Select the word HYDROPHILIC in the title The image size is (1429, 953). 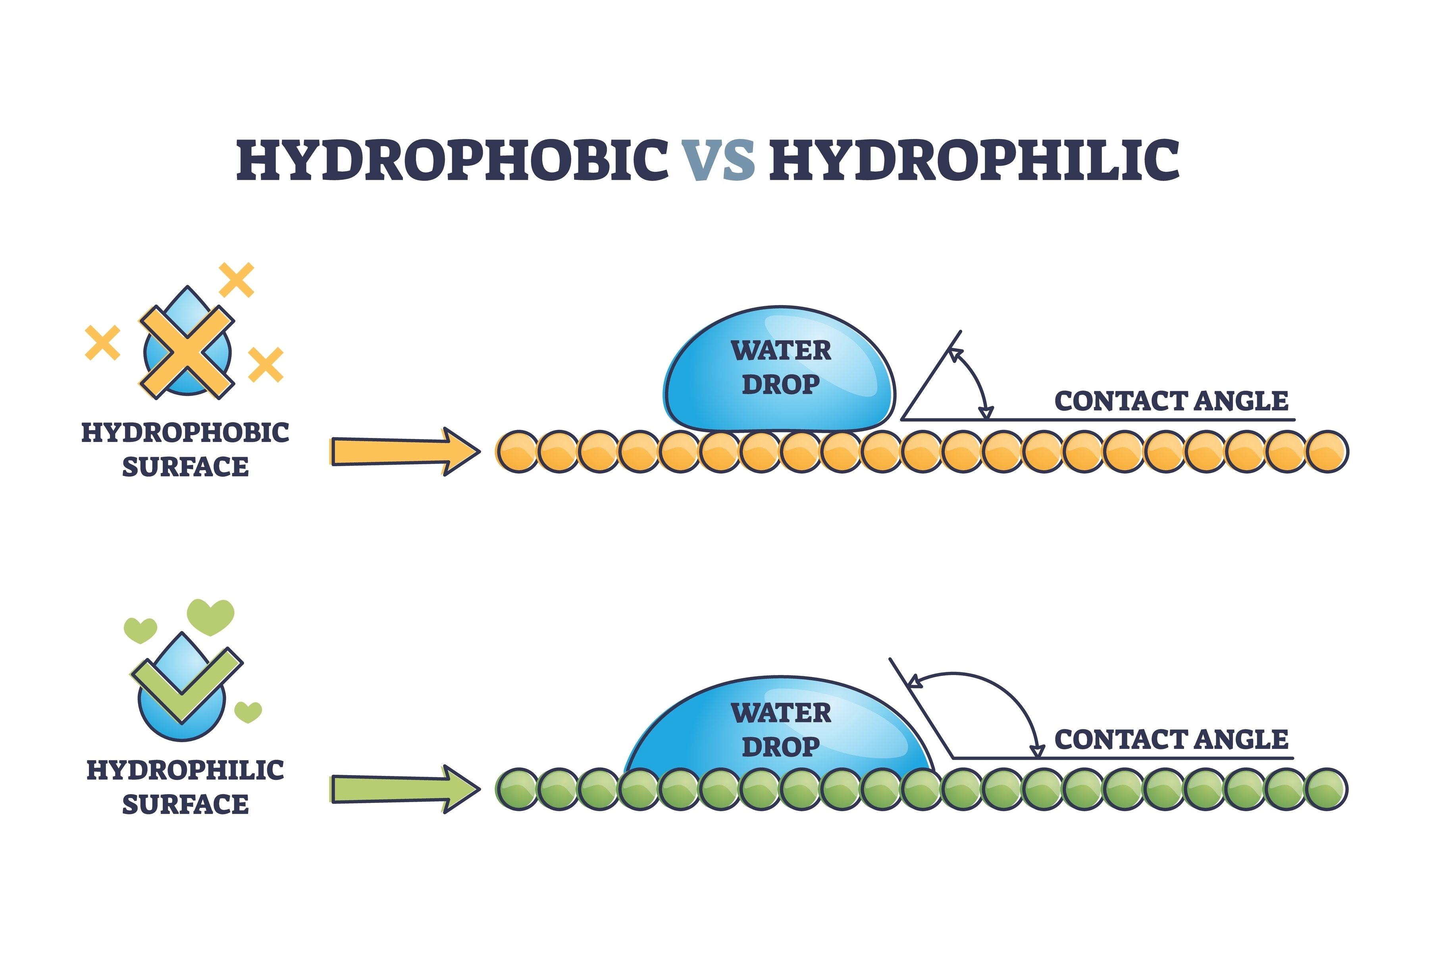tap(974, 160)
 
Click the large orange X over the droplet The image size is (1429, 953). tap(187, 353)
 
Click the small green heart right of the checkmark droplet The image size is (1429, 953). tap(248, 711)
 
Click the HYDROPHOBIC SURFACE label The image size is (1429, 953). tap(185, 450)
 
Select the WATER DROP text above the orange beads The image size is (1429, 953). tap(781, 367)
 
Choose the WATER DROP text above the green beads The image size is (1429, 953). tap(781, 729)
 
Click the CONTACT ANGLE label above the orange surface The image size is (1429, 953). tap(1171, 401)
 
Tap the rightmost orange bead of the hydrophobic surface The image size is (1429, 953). tap(1327, 451)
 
